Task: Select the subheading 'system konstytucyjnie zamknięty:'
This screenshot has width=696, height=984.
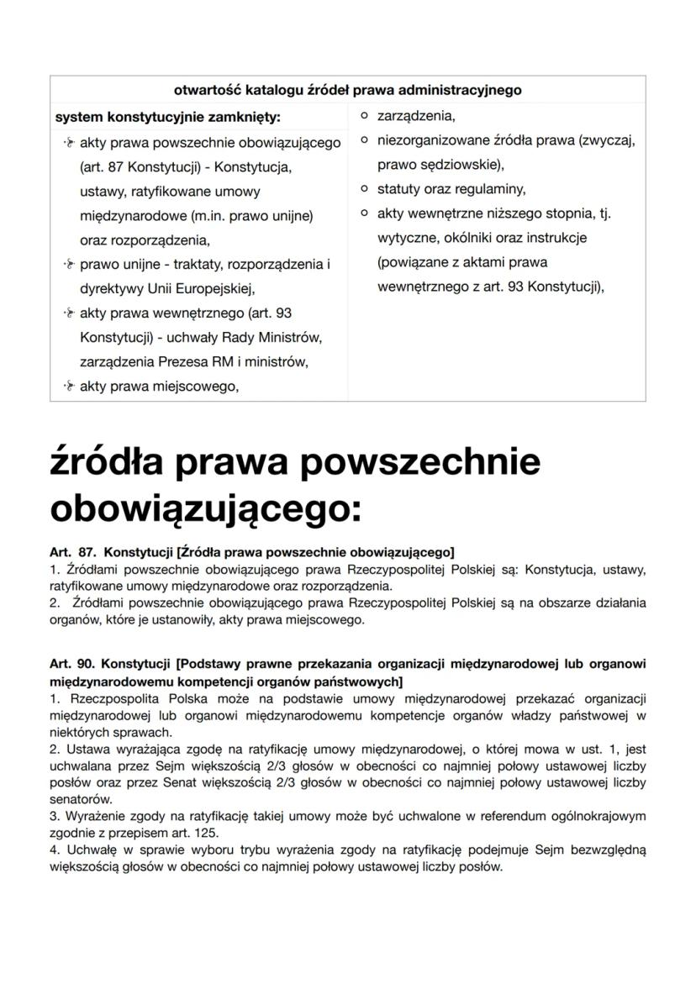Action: (167, 116)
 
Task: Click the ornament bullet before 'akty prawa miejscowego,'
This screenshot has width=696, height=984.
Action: (68, 387)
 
